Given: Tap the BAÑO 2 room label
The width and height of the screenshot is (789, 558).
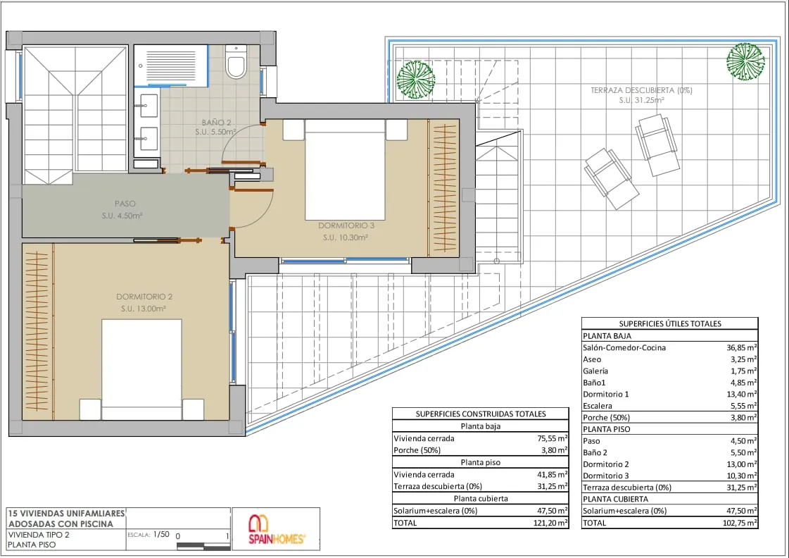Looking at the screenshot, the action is pyautogui.click(x=216, y=123).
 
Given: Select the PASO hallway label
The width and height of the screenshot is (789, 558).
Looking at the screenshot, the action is pyautogui.click(x=125, y=204).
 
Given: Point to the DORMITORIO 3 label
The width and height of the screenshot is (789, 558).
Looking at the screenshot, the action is pyautogui.click(x=346, y=225).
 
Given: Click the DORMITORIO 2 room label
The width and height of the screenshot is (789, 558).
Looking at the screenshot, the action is pyautogui.click(x=144, y=297).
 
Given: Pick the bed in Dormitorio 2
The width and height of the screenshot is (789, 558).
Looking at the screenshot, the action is pyautogui.click(x=142, y=370).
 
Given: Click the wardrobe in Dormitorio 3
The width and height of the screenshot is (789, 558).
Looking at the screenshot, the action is pyautogui.click(x=443, y=188).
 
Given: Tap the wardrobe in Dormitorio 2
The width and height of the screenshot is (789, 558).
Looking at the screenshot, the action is pyautogui.click(x=38, y=331).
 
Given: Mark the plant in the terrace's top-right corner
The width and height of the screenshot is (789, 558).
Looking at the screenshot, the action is pyautogui.click(x=745, y=61).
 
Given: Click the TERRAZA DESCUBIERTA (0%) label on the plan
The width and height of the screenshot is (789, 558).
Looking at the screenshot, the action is pyautogui.click(x=642, y=90).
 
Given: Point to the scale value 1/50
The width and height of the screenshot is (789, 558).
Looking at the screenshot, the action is pyautogui.click(x=161, y=534).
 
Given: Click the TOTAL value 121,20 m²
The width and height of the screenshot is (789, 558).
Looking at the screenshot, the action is pyautogui.click(x=550, y=523).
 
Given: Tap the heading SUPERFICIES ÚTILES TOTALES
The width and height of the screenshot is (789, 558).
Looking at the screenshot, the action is pyautogui.click(x=670, y=324).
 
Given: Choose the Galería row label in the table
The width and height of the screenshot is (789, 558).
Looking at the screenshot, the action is pyautogui.click(x=595, y=371).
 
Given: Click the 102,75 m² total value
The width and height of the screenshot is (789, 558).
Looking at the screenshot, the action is pyautogui.click(x=740, y=523).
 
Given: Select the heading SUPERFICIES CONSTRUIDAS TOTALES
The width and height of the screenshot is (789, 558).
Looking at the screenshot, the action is pyautogui.click(x=481, y=414).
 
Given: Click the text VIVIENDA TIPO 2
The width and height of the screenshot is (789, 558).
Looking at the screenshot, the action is pyautogui.click(x=39, y=535).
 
